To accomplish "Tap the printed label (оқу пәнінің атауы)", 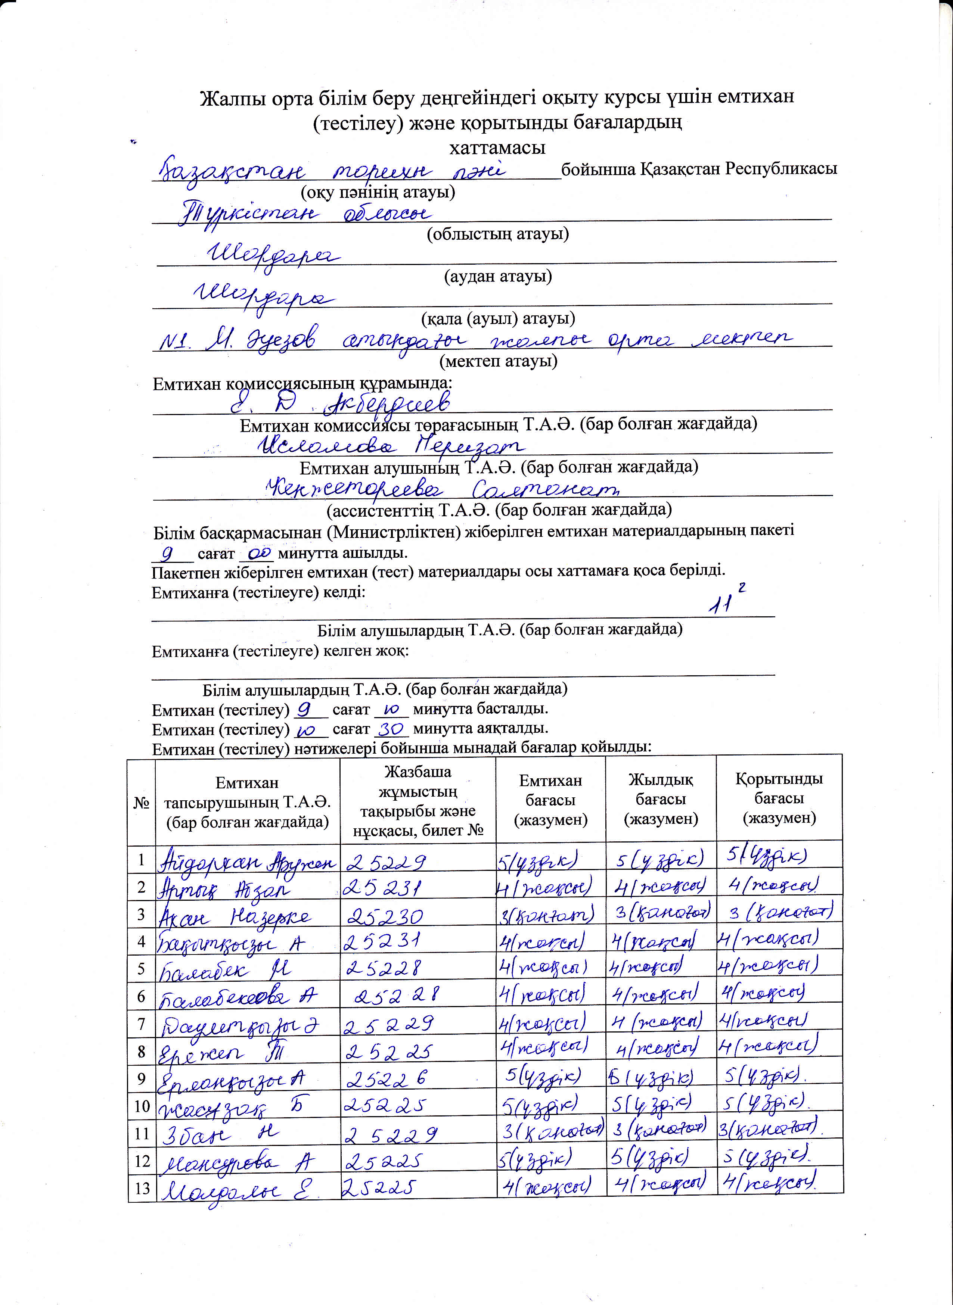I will [378, 191].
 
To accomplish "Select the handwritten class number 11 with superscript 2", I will [724, 601].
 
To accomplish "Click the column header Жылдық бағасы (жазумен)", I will [661, 799].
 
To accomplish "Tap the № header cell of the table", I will [141, 803].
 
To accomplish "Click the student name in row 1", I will [247, 863].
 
